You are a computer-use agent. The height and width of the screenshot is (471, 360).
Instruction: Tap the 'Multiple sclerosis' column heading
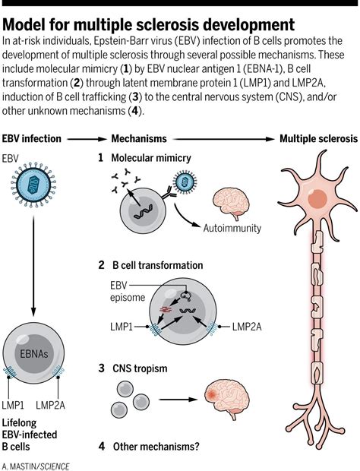click(x=317, y=139)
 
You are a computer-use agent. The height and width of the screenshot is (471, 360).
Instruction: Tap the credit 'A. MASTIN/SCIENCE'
click(x=35, y=463)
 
